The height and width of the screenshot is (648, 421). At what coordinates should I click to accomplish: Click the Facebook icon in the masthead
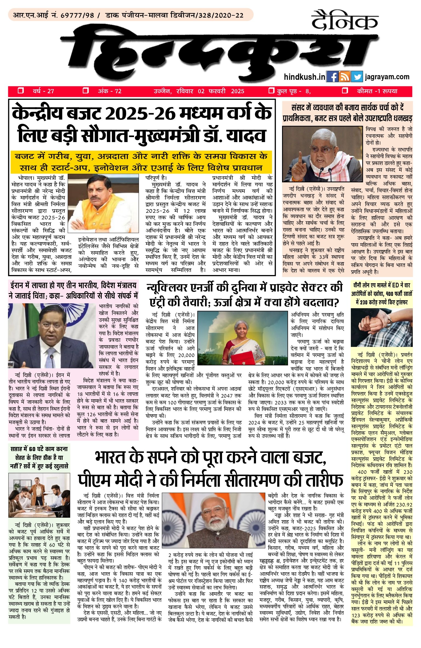[x=332, y=77]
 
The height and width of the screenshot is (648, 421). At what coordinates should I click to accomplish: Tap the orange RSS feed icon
[x=344, y=77]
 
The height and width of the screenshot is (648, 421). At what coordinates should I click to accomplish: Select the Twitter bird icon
[x=357, y=77]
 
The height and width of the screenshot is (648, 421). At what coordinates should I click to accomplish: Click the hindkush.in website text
[x=304, y=77]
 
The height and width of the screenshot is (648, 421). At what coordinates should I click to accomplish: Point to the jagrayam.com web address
[x=387, y=77]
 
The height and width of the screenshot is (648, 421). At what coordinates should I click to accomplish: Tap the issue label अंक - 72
[x=109, y=91]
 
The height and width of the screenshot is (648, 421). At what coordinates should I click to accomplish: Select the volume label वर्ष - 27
[x=43, y=91]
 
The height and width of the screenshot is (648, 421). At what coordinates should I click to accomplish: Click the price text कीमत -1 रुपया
[x=377, y=91]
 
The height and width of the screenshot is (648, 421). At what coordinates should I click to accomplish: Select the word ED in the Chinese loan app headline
[x=395, y=285]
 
